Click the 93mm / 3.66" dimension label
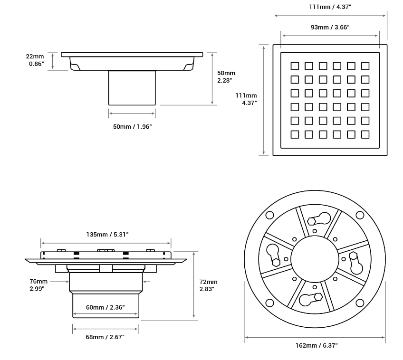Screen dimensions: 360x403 tap(330, 27)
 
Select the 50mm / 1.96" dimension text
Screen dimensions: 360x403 tap(132, 126)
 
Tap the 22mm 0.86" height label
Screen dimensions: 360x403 tap(35, 60)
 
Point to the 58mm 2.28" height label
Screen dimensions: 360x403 tap(226, 76)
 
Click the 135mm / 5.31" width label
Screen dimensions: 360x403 tap(107, 234)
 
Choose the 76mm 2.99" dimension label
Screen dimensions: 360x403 tap(38, 284)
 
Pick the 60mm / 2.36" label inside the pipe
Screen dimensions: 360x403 tap(106, 307)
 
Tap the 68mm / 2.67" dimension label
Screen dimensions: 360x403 tap(105, 337)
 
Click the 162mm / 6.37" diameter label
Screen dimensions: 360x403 tap(316, 345)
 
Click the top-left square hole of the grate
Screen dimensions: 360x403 tap(295, 66)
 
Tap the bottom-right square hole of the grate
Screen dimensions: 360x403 tap(365, 134)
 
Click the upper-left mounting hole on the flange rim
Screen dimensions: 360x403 tap(269, 215)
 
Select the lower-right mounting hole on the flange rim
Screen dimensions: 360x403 tap(360, 303)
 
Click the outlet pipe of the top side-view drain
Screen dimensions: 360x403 tap(132, 88)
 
